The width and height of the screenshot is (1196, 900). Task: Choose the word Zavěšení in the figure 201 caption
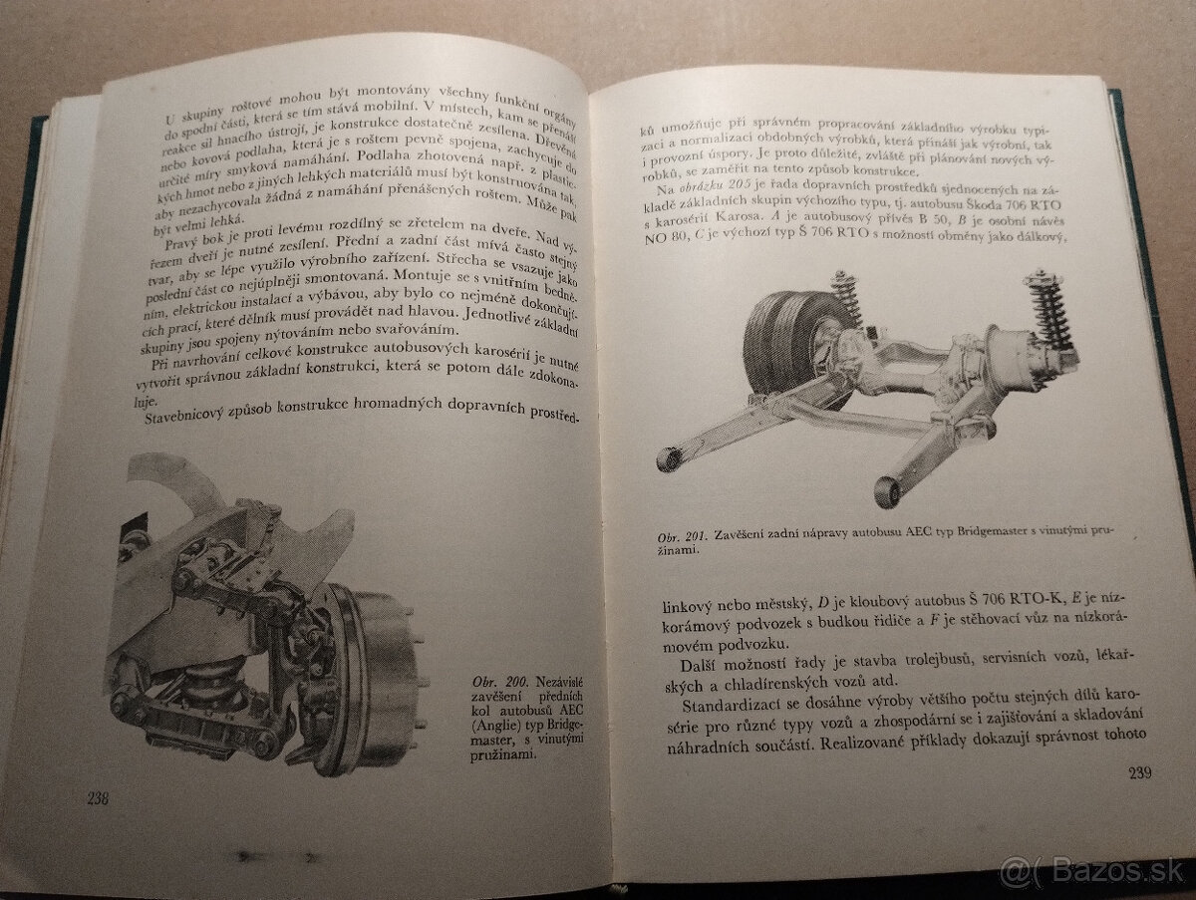coord(745,536)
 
